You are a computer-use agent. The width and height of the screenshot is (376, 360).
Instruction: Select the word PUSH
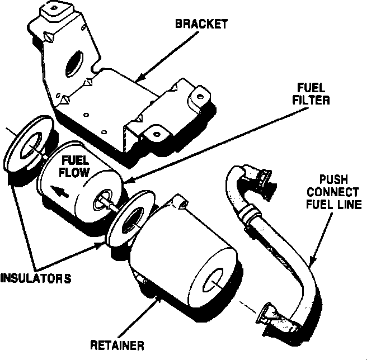334,179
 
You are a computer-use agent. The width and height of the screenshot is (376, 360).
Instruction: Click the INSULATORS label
36,278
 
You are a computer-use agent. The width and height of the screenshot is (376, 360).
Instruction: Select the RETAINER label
117,344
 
